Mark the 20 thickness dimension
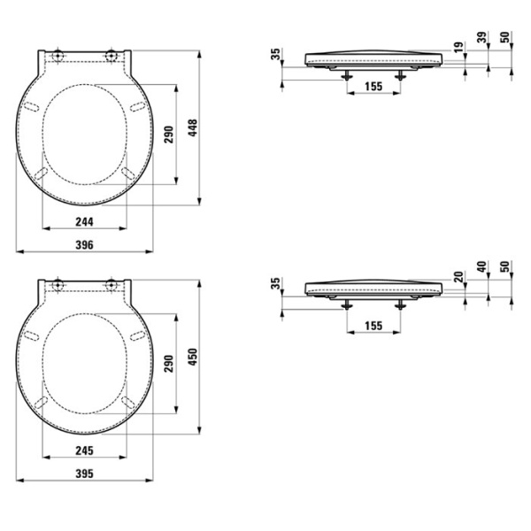pos(459,275)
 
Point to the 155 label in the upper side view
pos(373,87)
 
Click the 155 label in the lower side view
pos(373,326)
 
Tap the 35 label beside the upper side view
pos(276,56)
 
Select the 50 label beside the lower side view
pos(505,266)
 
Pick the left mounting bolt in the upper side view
pos(345,76)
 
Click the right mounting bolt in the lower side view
pos(403,303)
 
